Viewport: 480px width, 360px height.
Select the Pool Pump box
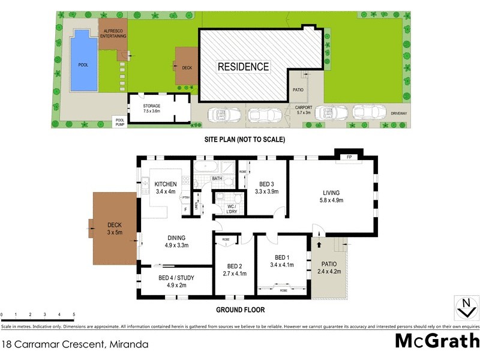(x=119, y=121)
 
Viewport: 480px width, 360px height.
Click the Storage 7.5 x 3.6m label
(x=151, y=109)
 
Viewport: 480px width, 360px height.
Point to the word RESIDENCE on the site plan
(x=243, y=66)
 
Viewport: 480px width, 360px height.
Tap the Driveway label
(x=398, y=113)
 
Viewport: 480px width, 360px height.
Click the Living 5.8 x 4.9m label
(x=332, y=196)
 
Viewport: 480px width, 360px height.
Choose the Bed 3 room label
(x=267, y=188)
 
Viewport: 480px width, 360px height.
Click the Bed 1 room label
(x=281, y=261)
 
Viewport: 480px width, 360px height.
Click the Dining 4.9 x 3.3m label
(x=176, y=241)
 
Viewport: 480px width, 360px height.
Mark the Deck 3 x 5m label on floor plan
(x=114, y=229)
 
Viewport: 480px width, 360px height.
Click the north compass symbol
(x=465, y=308)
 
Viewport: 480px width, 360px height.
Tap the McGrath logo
(x=436, y=340)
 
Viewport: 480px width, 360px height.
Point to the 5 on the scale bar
(x=73, y=314)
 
